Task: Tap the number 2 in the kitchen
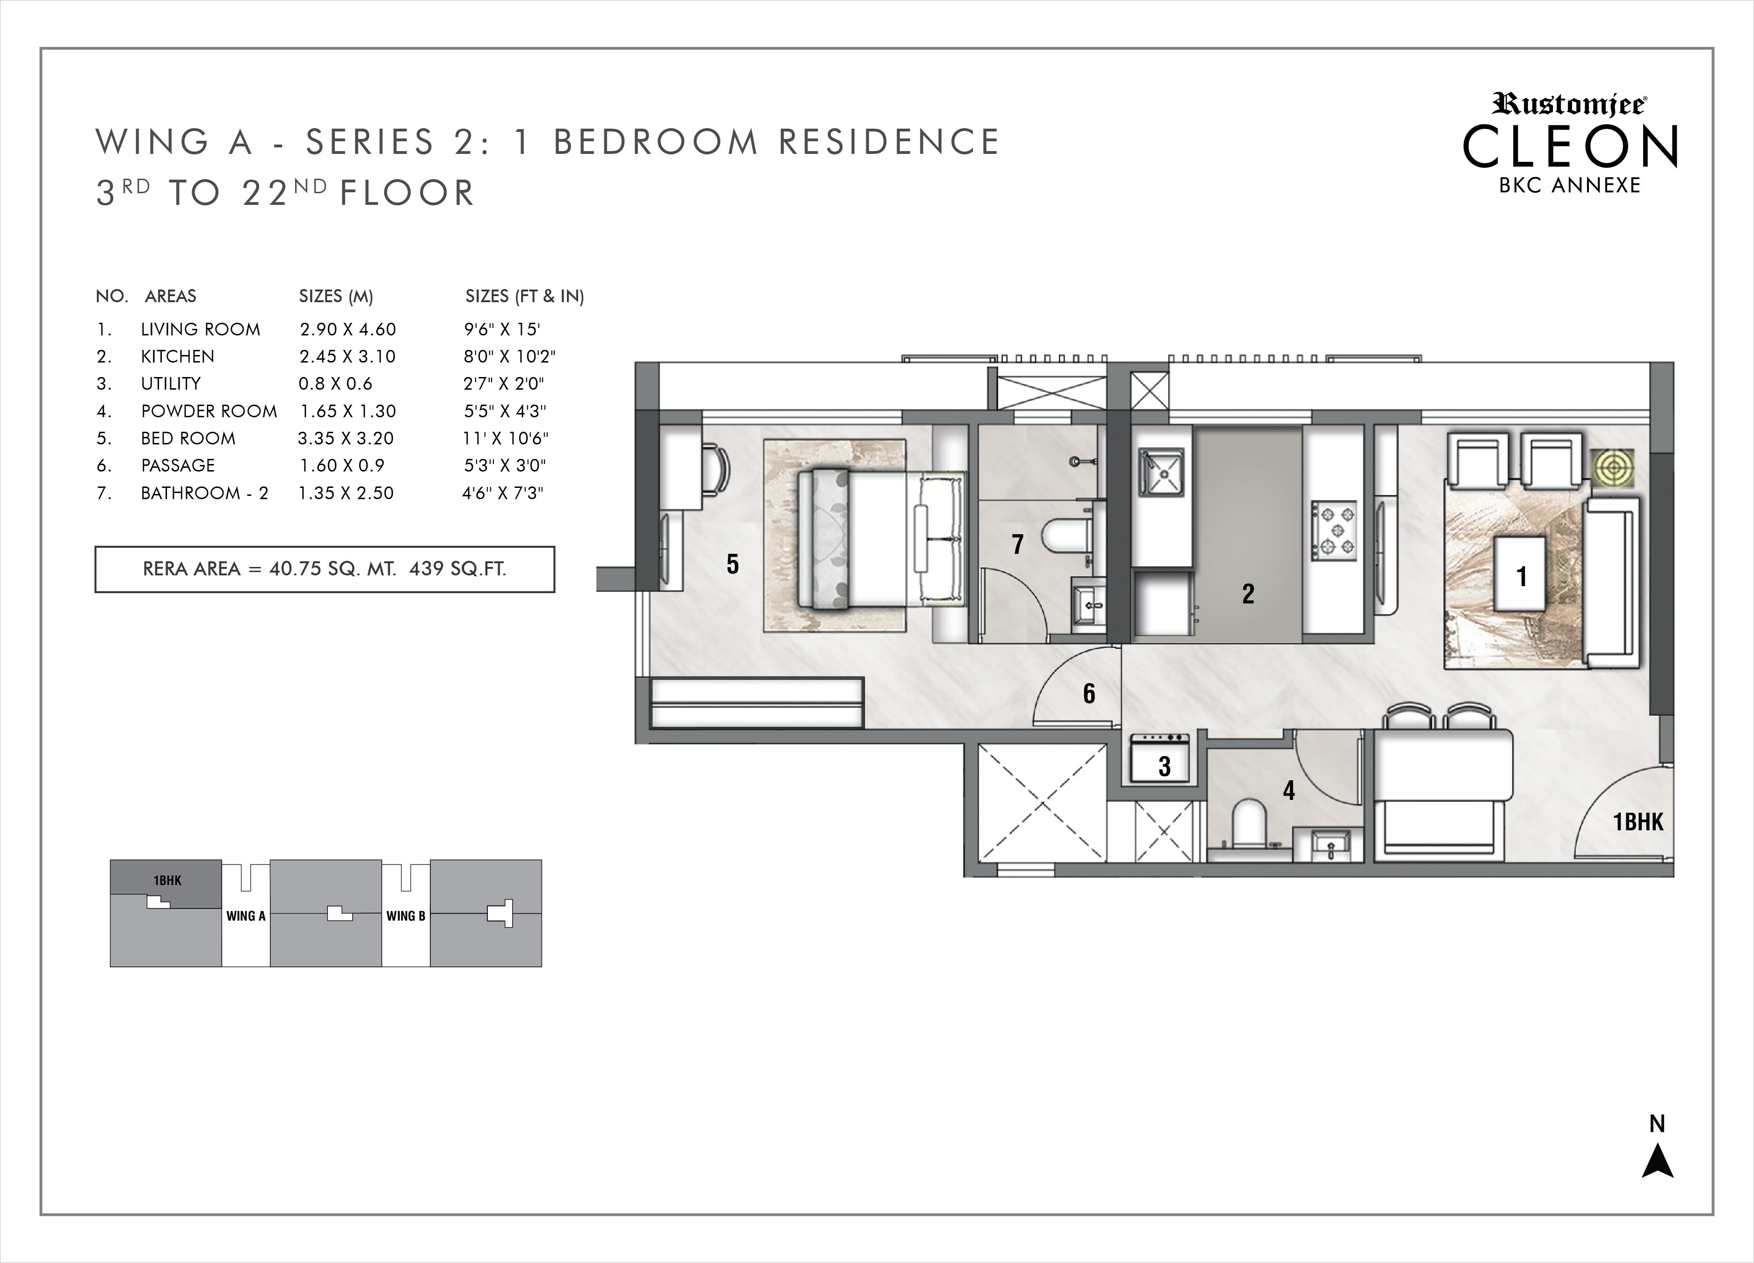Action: pos(1247,594)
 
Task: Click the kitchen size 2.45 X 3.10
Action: pos(347,356)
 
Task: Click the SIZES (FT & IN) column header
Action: pos(524,296)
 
